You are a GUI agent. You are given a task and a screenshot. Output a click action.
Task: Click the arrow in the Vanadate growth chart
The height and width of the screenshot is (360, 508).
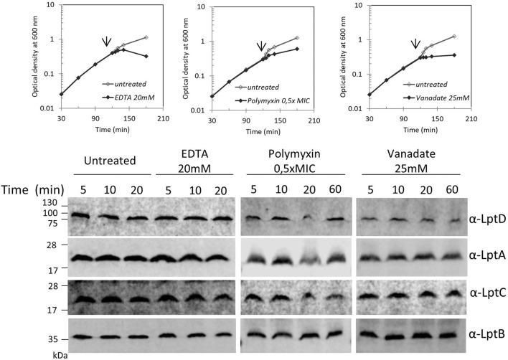(415, 43)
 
